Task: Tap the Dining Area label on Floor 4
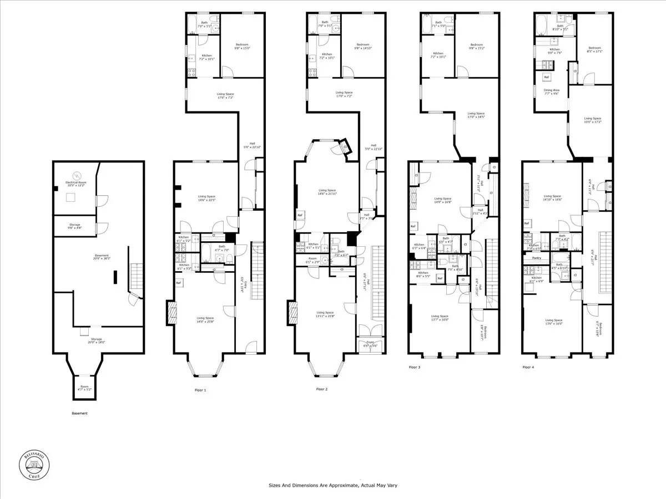[x=551, y=92]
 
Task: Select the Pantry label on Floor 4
[x=536, y=258]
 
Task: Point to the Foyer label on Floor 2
[x=369, y=343]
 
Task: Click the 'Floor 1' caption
[x=200, y=390]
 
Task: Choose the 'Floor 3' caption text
[x=415, y=367]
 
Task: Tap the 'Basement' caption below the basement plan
[x=80, y=413]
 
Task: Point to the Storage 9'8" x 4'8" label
[x=74, y=226]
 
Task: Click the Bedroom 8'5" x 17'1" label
[x=594, y=50]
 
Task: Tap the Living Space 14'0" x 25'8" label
[x=205, y=320]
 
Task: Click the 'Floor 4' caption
[x=529, y=367]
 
